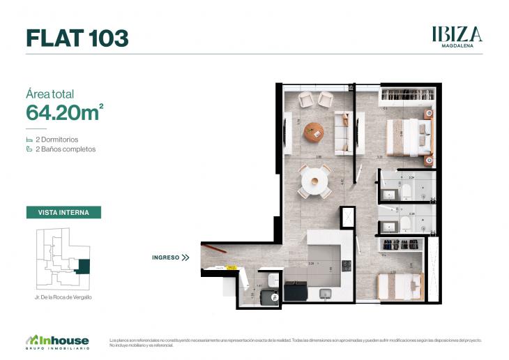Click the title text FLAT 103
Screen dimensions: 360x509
[x=77, y=38]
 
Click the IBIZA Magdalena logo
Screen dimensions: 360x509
[x=457, y=36]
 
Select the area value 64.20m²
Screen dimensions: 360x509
[x=65, y=112]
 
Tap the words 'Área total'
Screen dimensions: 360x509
[x=50, y=94]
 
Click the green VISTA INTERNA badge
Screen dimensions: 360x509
[x=63, y=212]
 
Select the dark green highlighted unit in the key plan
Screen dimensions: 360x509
[x=83, y=267]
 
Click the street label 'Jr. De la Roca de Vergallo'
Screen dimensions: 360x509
[x=63, y=297]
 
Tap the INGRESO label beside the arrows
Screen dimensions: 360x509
[x=165, y=257]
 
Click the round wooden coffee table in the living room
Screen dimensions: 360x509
[x=314, y=131]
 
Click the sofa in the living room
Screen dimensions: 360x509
[x=344, y=132]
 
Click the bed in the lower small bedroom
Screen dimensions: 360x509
[x=400, y=285]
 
